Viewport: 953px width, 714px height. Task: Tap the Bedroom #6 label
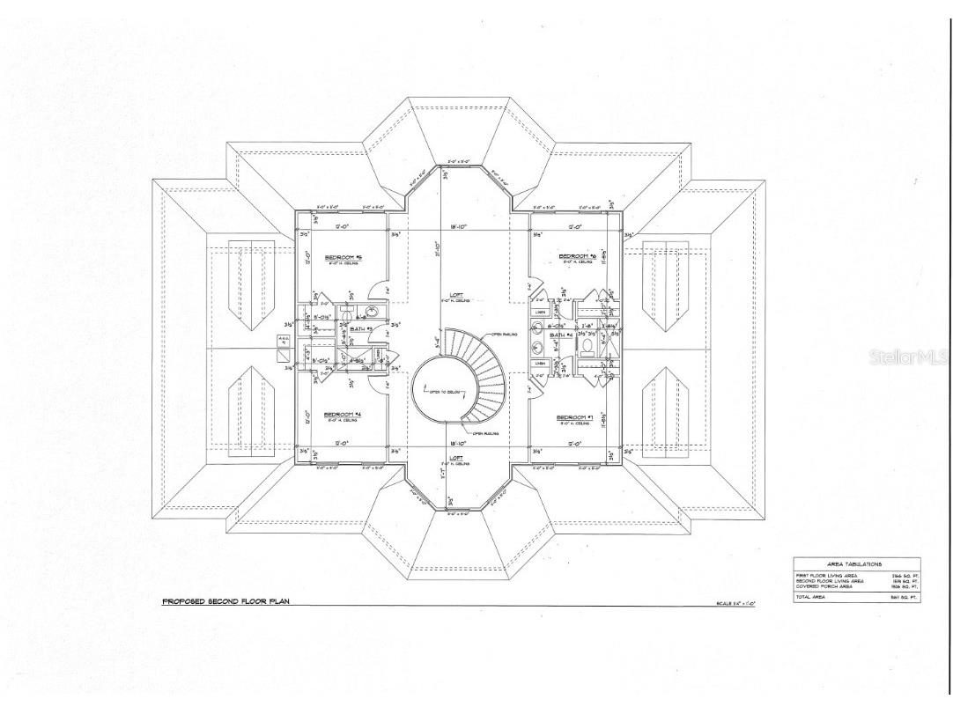(578, 257)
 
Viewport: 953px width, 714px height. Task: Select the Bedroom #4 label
(343, 414)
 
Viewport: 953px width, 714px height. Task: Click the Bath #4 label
(562, 335)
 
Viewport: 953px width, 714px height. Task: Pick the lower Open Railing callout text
(485, 433)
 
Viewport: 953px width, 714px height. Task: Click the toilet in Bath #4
(587, 345)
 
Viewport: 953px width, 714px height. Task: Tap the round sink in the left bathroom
(371, 311)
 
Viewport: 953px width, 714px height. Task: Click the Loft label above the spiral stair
(455, 295)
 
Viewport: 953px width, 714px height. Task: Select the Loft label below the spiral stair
(456, 457)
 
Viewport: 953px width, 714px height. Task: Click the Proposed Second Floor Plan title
(225, 602)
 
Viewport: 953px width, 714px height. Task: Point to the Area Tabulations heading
(854, 564)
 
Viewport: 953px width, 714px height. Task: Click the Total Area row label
(812, 596)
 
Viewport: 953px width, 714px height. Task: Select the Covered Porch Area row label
(823, 586)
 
